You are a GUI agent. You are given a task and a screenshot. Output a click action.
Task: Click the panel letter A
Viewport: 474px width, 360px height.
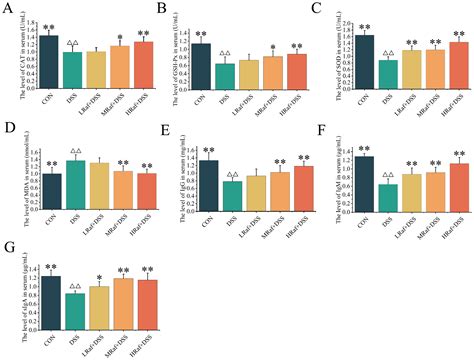pyautogui.click(x=8, y=9)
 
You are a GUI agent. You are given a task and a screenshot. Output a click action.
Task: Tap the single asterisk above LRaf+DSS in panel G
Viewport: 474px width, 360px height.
pyautogui.click(x=98, y=278)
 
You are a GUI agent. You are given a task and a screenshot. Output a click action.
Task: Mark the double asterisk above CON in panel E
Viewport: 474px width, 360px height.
pyautogui.click(x=208, y=152)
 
